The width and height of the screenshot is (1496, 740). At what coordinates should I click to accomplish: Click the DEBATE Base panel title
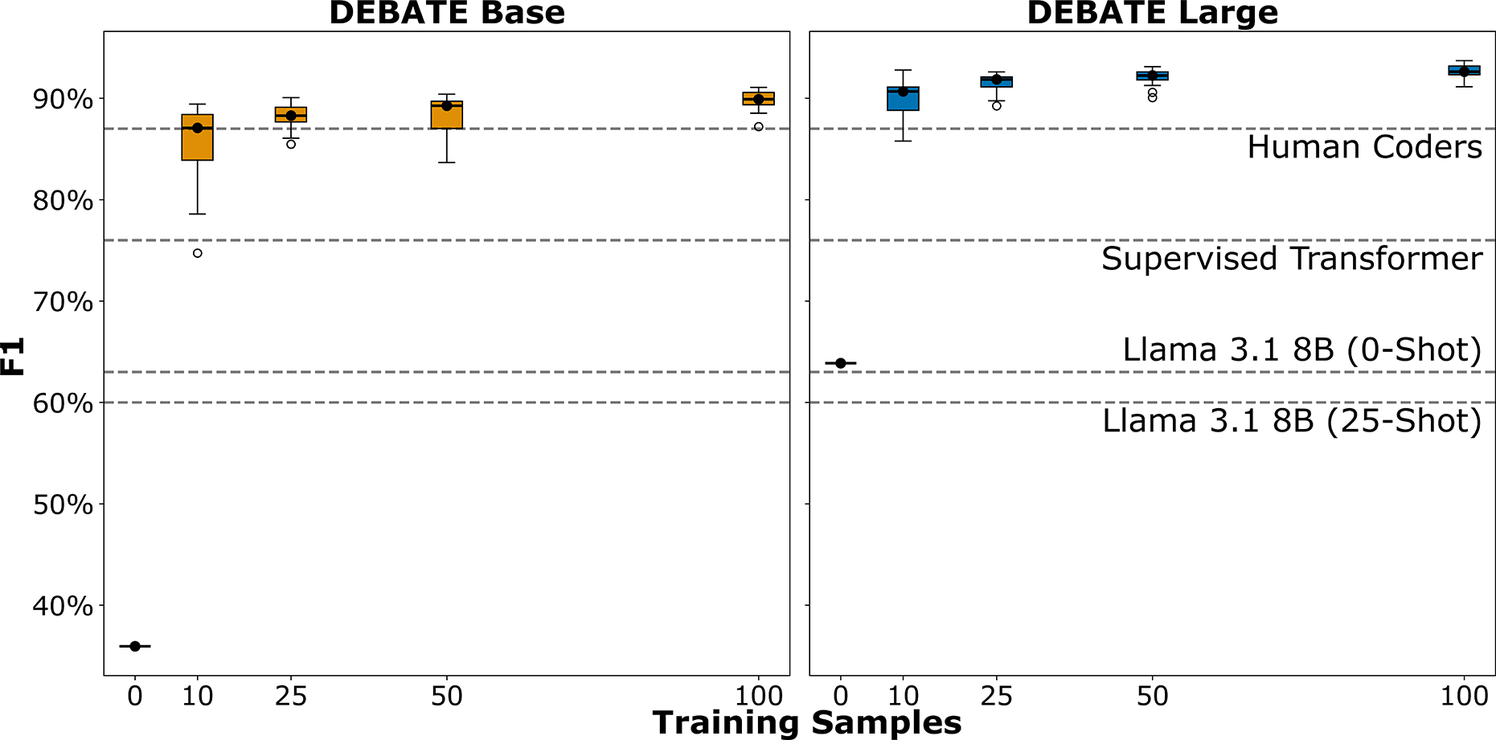click(x=447, y=14)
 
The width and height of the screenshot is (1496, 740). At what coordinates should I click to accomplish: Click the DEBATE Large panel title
click(x=1152, y=14)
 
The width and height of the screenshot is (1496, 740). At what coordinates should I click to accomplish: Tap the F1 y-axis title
click(x=14, y=357)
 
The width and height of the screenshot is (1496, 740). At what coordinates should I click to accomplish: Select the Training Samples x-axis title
click(x=806, y=723)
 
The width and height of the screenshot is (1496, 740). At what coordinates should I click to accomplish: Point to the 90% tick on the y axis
click(x=64, y=100)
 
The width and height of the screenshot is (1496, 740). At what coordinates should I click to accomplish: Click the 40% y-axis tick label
click(x=64, y=606)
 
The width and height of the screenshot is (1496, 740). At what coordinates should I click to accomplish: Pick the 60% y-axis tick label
click(x=64, y=403)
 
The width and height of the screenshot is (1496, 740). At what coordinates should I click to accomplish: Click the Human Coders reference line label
click(x=1364, y=148)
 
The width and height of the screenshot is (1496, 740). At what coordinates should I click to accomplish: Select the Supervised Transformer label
click(x=1291, y=259)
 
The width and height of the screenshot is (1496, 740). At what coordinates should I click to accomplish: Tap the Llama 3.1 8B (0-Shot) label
click(x=1301, y=350)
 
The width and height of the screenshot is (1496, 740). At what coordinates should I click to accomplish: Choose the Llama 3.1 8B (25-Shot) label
click(x=1291, y=421)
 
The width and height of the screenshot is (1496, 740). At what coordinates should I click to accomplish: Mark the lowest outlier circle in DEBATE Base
click(x=198, y=253)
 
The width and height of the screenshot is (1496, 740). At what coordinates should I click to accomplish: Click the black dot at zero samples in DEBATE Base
click(x=135, y=646)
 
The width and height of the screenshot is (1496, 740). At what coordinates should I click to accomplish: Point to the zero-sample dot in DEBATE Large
click(x=841, y=363)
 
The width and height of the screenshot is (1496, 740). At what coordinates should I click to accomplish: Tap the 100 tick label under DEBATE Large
click(x=1464, y=696)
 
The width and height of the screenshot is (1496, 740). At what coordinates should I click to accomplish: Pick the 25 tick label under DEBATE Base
click(x=291, y=696)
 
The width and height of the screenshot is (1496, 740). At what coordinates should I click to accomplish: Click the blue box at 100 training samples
click(x=1464, y=71)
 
